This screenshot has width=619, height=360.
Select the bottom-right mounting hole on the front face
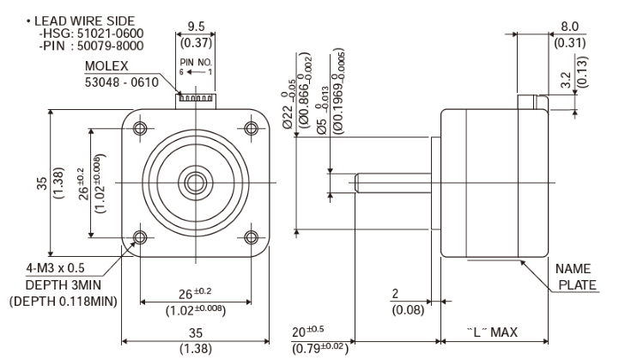click(x=251, y=237)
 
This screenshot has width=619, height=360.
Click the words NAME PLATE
click(x=573, y=277)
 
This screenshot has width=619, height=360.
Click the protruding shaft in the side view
click(x=395, y=182)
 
